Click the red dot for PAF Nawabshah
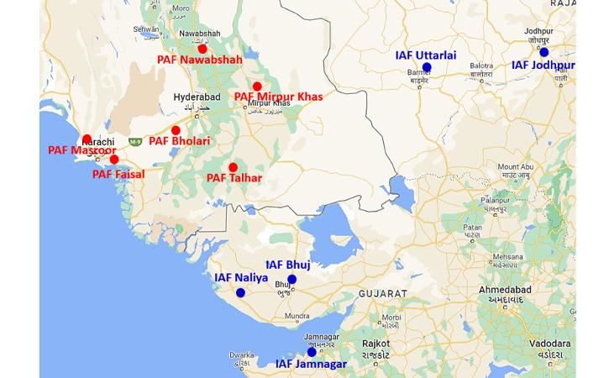[202, 49]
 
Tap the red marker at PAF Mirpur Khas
[257, 87]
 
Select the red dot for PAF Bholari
[176, 130]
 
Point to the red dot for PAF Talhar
[233, 167]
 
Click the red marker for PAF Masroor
[87, 139]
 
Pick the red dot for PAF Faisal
[114, 160]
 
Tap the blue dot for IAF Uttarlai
[427, 67]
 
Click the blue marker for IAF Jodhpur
[544, 52]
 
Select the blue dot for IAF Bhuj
[292, 280]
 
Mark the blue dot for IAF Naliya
[241, 293]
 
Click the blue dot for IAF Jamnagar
[312, 352]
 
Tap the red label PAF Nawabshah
[200, 60]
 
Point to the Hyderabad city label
[195, 97]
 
